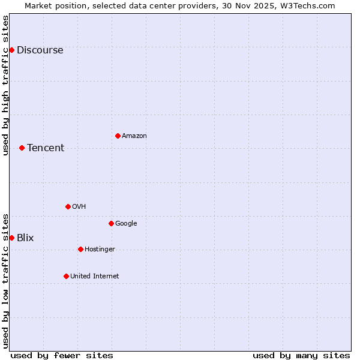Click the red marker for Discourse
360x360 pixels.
pos(11,50)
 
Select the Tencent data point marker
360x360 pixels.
pos(22,148)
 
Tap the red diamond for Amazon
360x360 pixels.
pos(118,136)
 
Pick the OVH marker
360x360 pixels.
pos(68,206)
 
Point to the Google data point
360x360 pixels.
pos(111,223)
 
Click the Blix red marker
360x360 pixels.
pos(11,238)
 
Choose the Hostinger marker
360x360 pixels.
pos(80,249)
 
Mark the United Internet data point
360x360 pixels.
pos(66,276)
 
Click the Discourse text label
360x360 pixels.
pos(40,50)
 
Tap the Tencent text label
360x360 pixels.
pos(46,148)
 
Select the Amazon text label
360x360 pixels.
pos(134,136)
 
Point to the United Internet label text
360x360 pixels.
pos(95,277)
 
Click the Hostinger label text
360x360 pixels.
pos(100,250)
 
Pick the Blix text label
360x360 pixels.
pos(25,238)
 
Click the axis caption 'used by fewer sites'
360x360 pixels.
pos(62,355)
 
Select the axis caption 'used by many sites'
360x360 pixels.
pos(301,355)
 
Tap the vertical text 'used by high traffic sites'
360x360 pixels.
pos(6,85)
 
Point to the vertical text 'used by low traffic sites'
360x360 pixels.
pos(6,281)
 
